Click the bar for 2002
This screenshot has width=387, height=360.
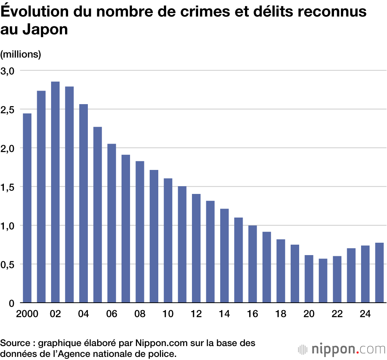click(x=55, y=192)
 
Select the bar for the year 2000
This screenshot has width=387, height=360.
click(x=27, y=208)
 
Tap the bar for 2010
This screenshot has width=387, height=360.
click(x=168, y=240)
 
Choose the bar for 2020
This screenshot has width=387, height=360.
click(x=309, y=279)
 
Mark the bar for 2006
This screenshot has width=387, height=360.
click(x=111, y=223)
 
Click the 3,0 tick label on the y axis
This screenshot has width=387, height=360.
click(x=7, y=71)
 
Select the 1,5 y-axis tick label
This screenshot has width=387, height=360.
click(x=7, y=187)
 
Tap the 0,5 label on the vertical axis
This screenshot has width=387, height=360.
click(x=7, y=264)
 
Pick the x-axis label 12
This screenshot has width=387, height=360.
click(x=196, y=314)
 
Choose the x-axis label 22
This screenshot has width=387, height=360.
click(x=337, y=314)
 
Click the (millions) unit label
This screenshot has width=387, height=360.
click(x=21, y=54)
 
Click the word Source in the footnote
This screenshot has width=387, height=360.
click(x=14, y=343)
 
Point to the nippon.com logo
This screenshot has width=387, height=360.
click(x=342, y=349)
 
